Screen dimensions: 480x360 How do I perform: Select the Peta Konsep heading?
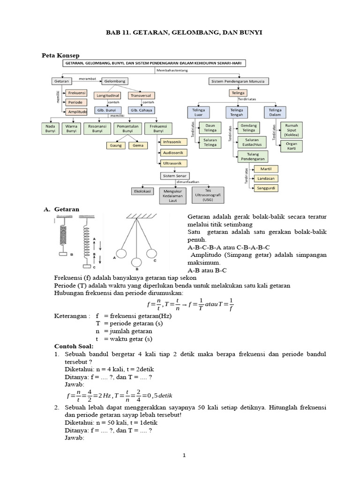tap(60, 55)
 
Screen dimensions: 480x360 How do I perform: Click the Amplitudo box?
tap(77, 112)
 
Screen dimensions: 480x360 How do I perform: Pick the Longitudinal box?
tap(108, 95)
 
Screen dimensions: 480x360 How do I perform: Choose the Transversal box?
tap(141, 95)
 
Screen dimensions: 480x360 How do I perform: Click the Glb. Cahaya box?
tap(141, 111)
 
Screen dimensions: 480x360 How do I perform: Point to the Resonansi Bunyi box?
tap(97, 128)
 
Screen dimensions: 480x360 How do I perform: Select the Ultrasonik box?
tap(174, 164)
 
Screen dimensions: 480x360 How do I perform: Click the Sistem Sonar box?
tap(174, 176)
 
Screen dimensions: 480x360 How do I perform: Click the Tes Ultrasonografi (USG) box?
tap(208, 194)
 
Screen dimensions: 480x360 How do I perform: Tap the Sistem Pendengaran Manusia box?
tap(239, 81)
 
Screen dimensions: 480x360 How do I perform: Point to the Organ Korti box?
tap(291, 146)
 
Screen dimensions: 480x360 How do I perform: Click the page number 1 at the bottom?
tap(185, 455)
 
